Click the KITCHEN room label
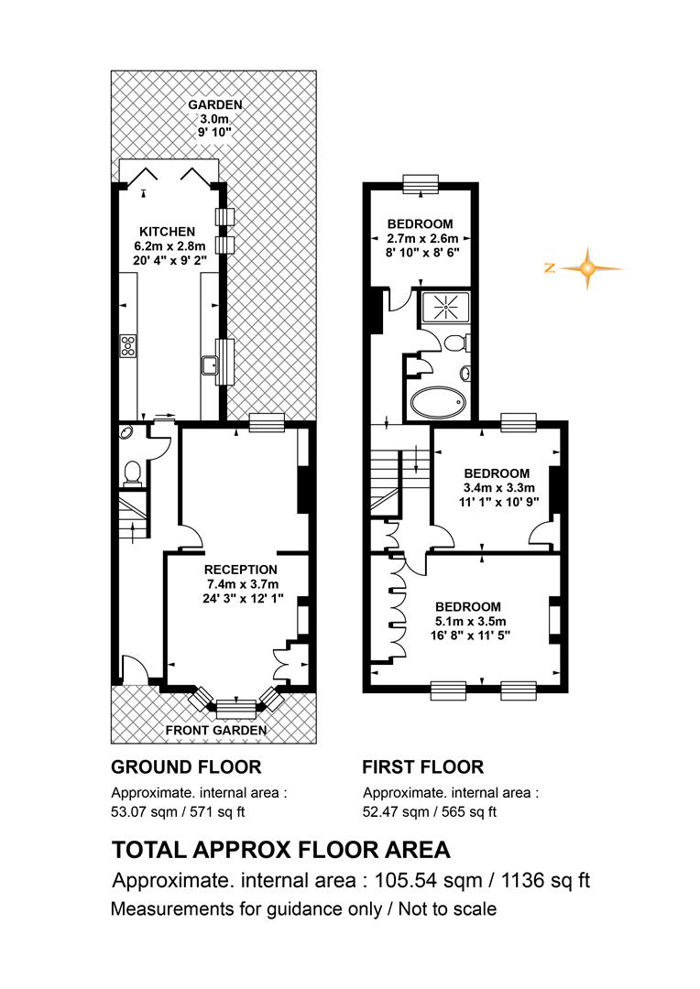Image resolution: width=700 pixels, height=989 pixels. (x=168, y=232)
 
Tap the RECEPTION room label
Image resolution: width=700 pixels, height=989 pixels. (x=240, y=570)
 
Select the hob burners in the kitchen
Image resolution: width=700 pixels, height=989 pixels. (x=128, y=346)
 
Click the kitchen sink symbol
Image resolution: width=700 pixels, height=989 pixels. (x=210, y=365)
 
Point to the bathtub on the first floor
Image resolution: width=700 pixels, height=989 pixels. (x=438, y=402)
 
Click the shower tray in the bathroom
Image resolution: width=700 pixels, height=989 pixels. (x=445, y=307)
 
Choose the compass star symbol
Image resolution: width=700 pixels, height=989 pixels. (x=587, y=268)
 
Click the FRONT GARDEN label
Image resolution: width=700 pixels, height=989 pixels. (x=216, y=731)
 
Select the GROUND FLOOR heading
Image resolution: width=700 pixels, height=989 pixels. (x=186, y=767)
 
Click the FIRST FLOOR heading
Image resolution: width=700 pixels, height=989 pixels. (x=423, y=767)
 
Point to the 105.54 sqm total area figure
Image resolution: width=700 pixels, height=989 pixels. (x=429, y=880)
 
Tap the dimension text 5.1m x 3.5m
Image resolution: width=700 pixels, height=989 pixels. (x=467, y=621)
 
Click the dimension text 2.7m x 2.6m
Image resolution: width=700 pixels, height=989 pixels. (x=421, y=238)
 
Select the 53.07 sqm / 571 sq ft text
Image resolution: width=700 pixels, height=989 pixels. (x=178, y=811)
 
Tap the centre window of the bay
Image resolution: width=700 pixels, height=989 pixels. (x=236, y=709)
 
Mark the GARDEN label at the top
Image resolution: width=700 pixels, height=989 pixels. (x=215, y=104)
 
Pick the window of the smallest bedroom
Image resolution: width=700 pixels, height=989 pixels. (x=421, y=183)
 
